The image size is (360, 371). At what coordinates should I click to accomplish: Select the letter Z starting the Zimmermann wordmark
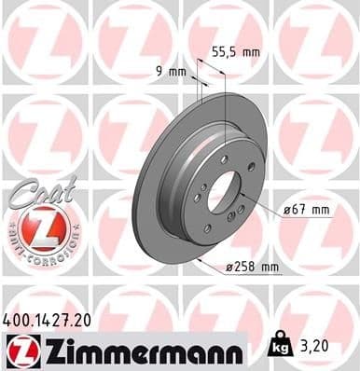click(x=49, y=350)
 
